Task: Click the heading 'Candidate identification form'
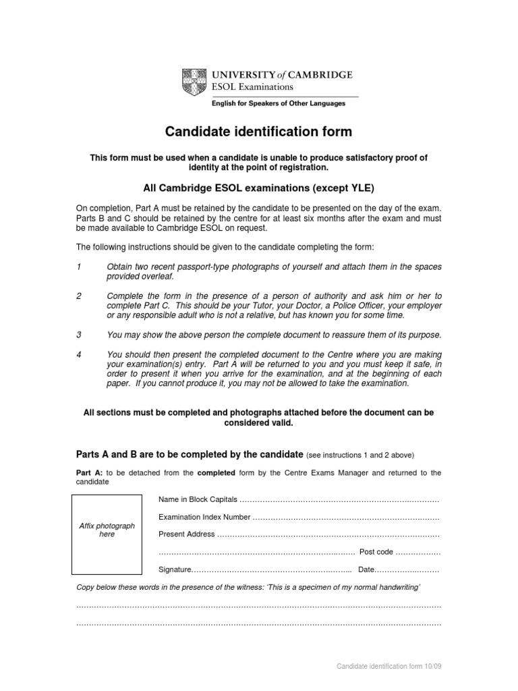259,132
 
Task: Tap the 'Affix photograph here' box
107,530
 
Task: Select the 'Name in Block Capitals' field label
198,499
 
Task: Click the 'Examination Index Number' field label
204,517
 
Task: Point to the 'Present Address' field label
187,534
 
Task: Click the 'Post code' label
376,552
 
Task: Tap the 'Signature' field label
175,570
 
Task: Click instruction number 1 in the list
79,267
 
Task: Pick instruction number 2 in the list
79,296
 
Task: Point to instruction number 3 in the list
79,335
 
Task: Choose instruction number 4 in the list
79,355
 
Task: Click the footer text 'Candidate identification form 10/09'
389,667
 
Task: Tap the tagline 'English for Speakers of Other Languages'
279,104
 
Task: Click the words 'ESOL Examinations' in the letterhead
253,86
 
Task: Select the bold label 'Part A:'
88,473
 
